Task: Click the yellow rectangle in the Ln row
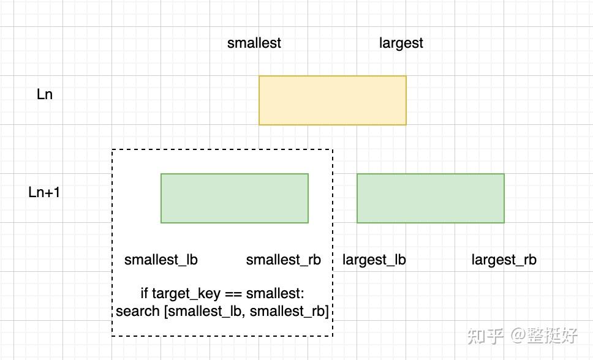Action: click(333, 100)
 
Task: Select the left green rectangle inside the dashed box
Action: click(235, 198)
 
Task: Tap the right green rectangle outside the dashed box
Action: click(431, 198)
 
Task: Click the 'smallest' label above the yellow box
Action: click(254, 43)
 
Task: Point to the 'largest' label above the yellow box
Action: click(401, 43)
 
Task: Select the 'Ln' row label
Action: click(45, 94)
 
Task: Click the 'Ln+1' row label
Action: click(44, 192)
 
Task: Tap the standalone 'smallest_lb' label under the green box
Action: click(161, 260)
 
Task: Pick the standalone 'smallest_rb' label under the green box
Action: click(283, 260)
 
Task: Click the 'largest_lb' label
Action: click(374, 260)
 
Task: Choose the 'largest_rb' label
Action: click(504, 260)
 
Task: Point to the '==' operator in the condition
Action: click(233, 294)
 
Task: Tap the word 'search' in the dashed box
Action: click(138, 311)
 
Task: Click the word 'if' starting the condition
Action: click(144, 293)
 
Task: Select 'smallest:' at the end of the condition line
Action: click(275, 293)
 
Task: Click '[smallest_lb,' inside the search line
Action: click(205, 312)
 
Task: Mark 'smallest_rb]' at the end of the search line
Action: click(289, 312)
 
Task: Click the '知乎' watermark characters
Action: click(486, 336)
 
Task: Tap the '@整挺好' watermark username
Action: click(544, 336)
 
